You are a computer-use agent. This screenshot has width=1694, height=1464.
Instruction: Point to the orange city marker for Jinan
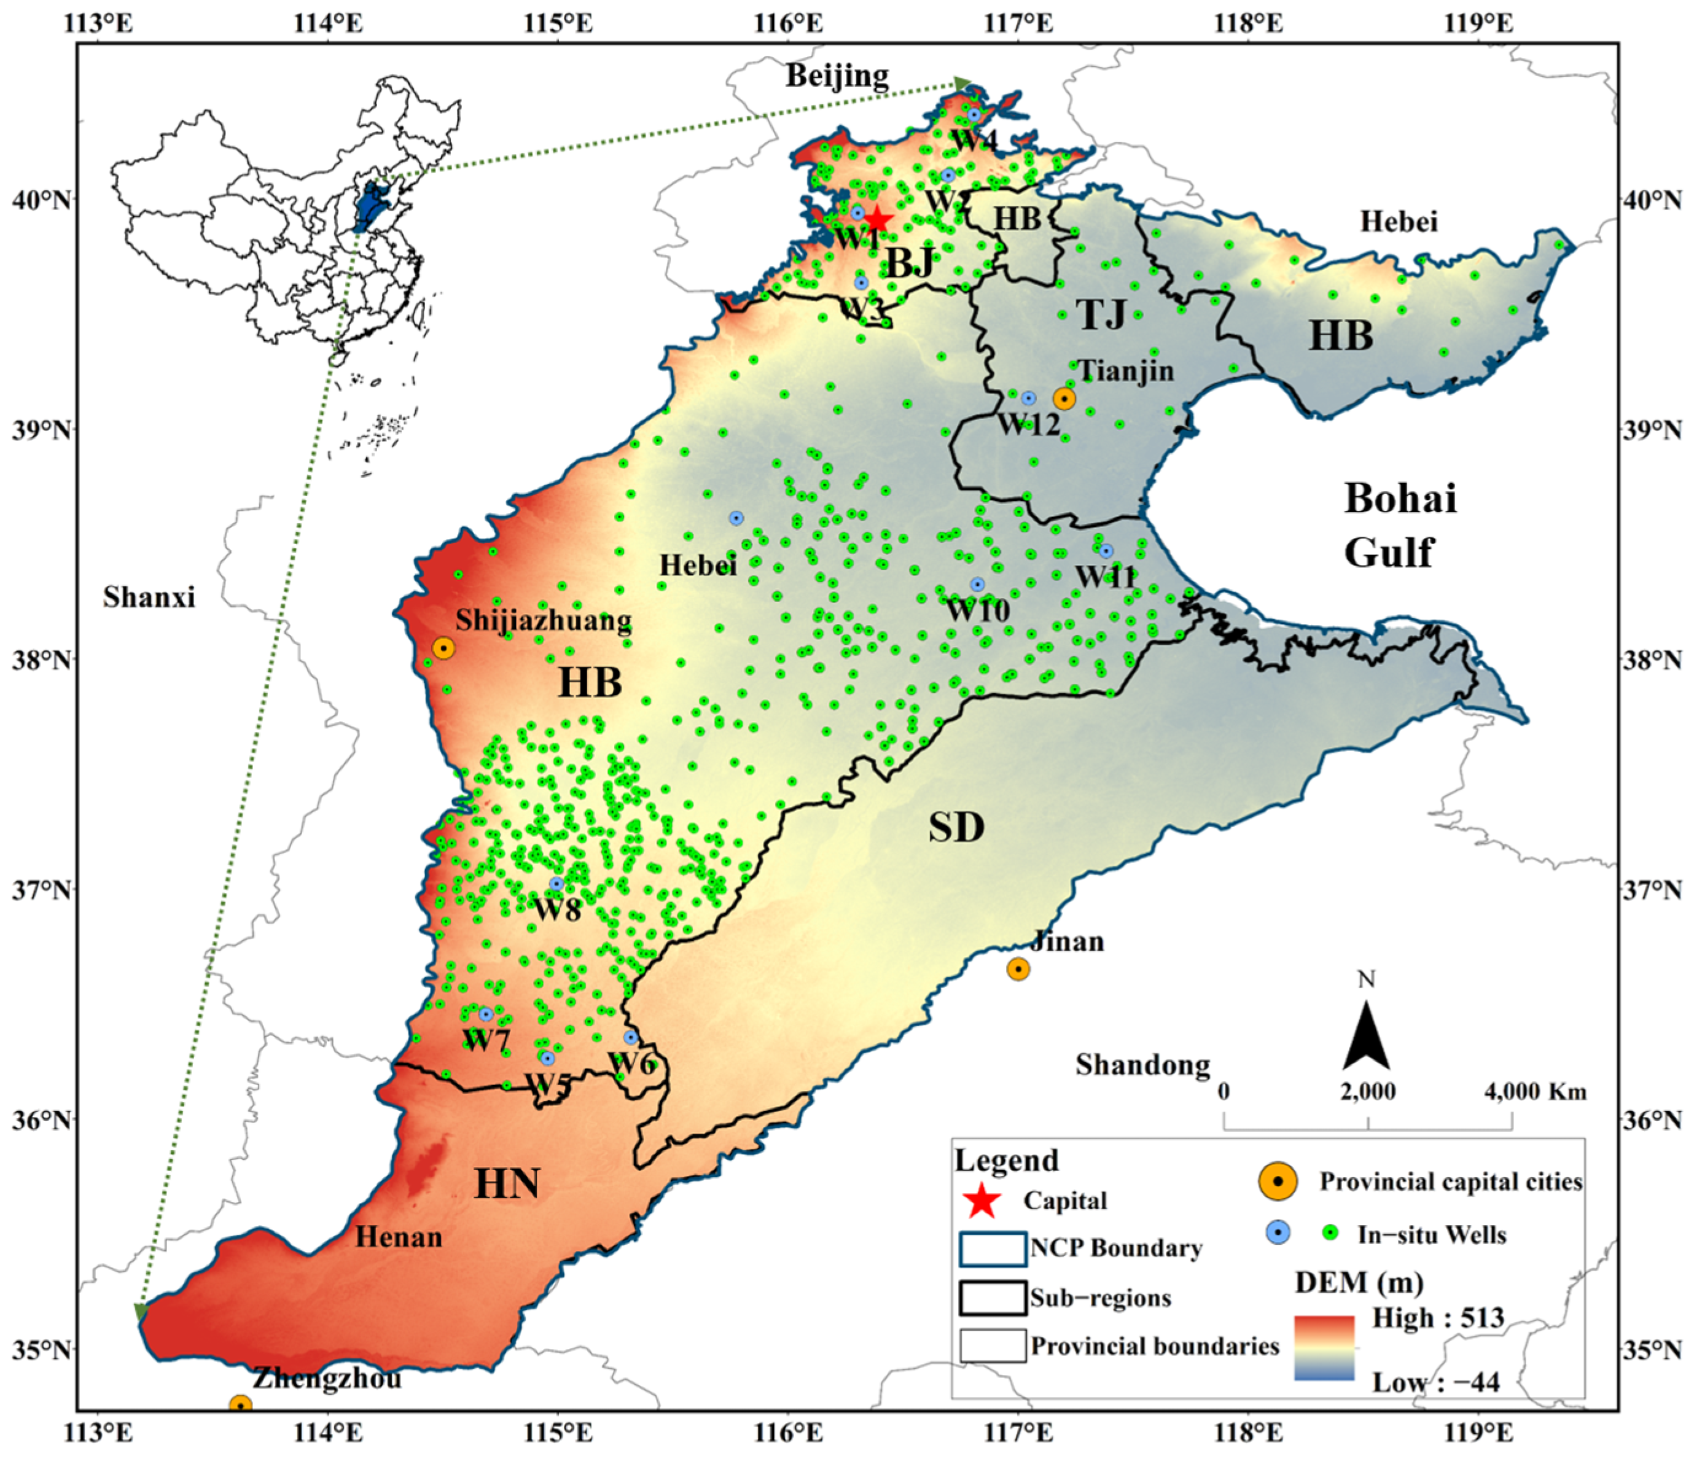coord(1018,968)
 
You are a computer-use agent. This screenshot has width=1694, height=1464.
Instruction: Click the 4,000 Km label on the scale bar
coord(1534,1091)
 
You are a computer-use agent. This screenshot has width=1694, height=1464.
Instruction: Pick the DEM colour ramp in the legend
coord(1324,1348)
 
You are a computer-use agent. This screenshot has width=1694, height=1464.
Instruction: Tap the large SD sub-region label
coord(956,828)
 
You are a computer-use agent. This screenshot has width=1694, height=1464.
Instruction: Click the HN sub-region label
coord(507,1183)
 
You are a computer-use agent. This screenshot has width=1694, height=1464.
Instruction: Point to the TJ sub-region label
coord(1101,314)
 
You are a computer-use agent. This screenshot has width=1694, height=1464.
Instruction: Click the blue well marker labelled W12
coord(1028,398)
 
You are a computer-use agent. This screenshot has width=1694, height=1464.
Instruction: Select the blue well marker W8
coord(556,884)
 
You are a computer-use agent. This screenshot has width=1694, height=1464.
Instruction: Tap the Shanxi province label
coord(149,598)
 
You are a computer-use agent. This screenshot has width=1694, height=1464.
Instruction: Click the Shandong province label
coord(1142,1064)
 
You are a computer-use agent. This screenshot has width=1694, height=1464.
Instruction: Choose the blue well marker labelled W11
coord(1106,551)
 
